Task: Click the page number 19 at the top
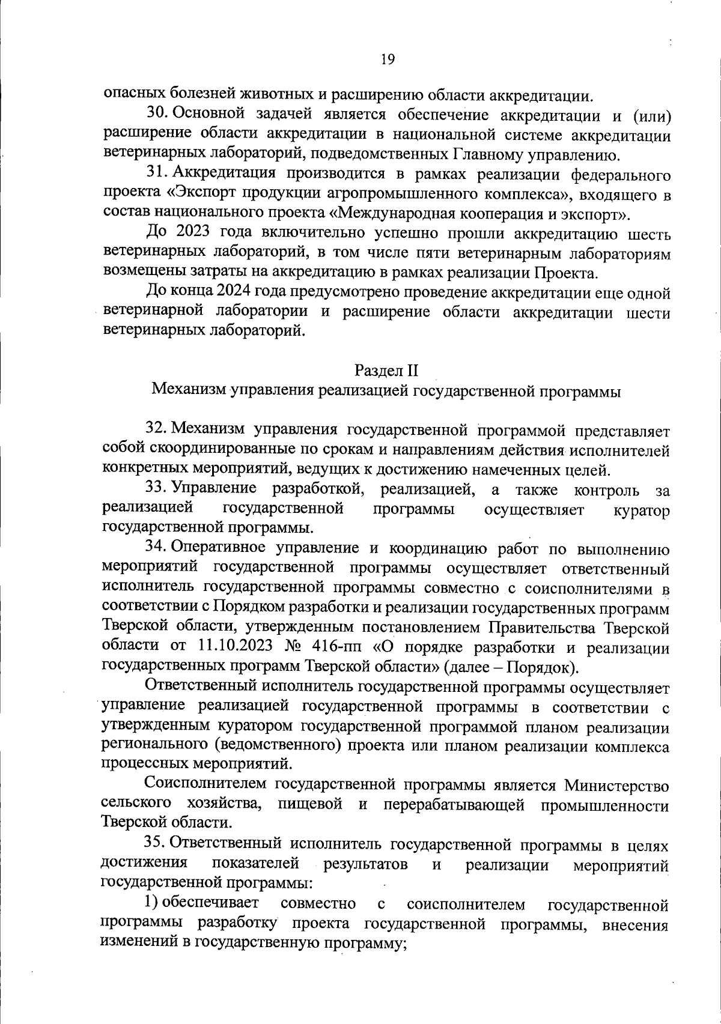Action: pyautogui.click(x=387, y=59)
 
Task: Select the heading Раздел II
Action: pyautogui.click(x=386, y=368)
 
